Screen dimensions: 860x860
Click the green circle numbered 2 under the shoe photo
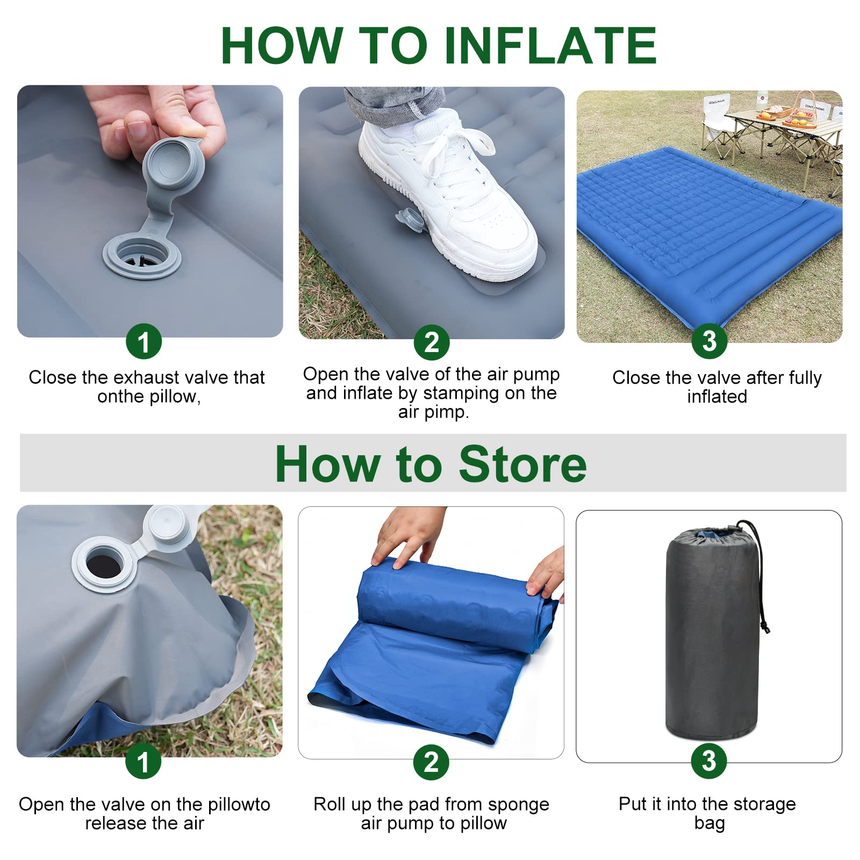(432, 342)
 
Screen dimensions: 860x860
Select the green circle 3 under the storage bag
(709, 761)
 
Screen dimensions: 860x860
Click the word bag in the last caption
(709, 823)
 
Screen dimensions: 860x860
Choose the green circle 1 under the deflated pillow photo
(143, 762)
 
